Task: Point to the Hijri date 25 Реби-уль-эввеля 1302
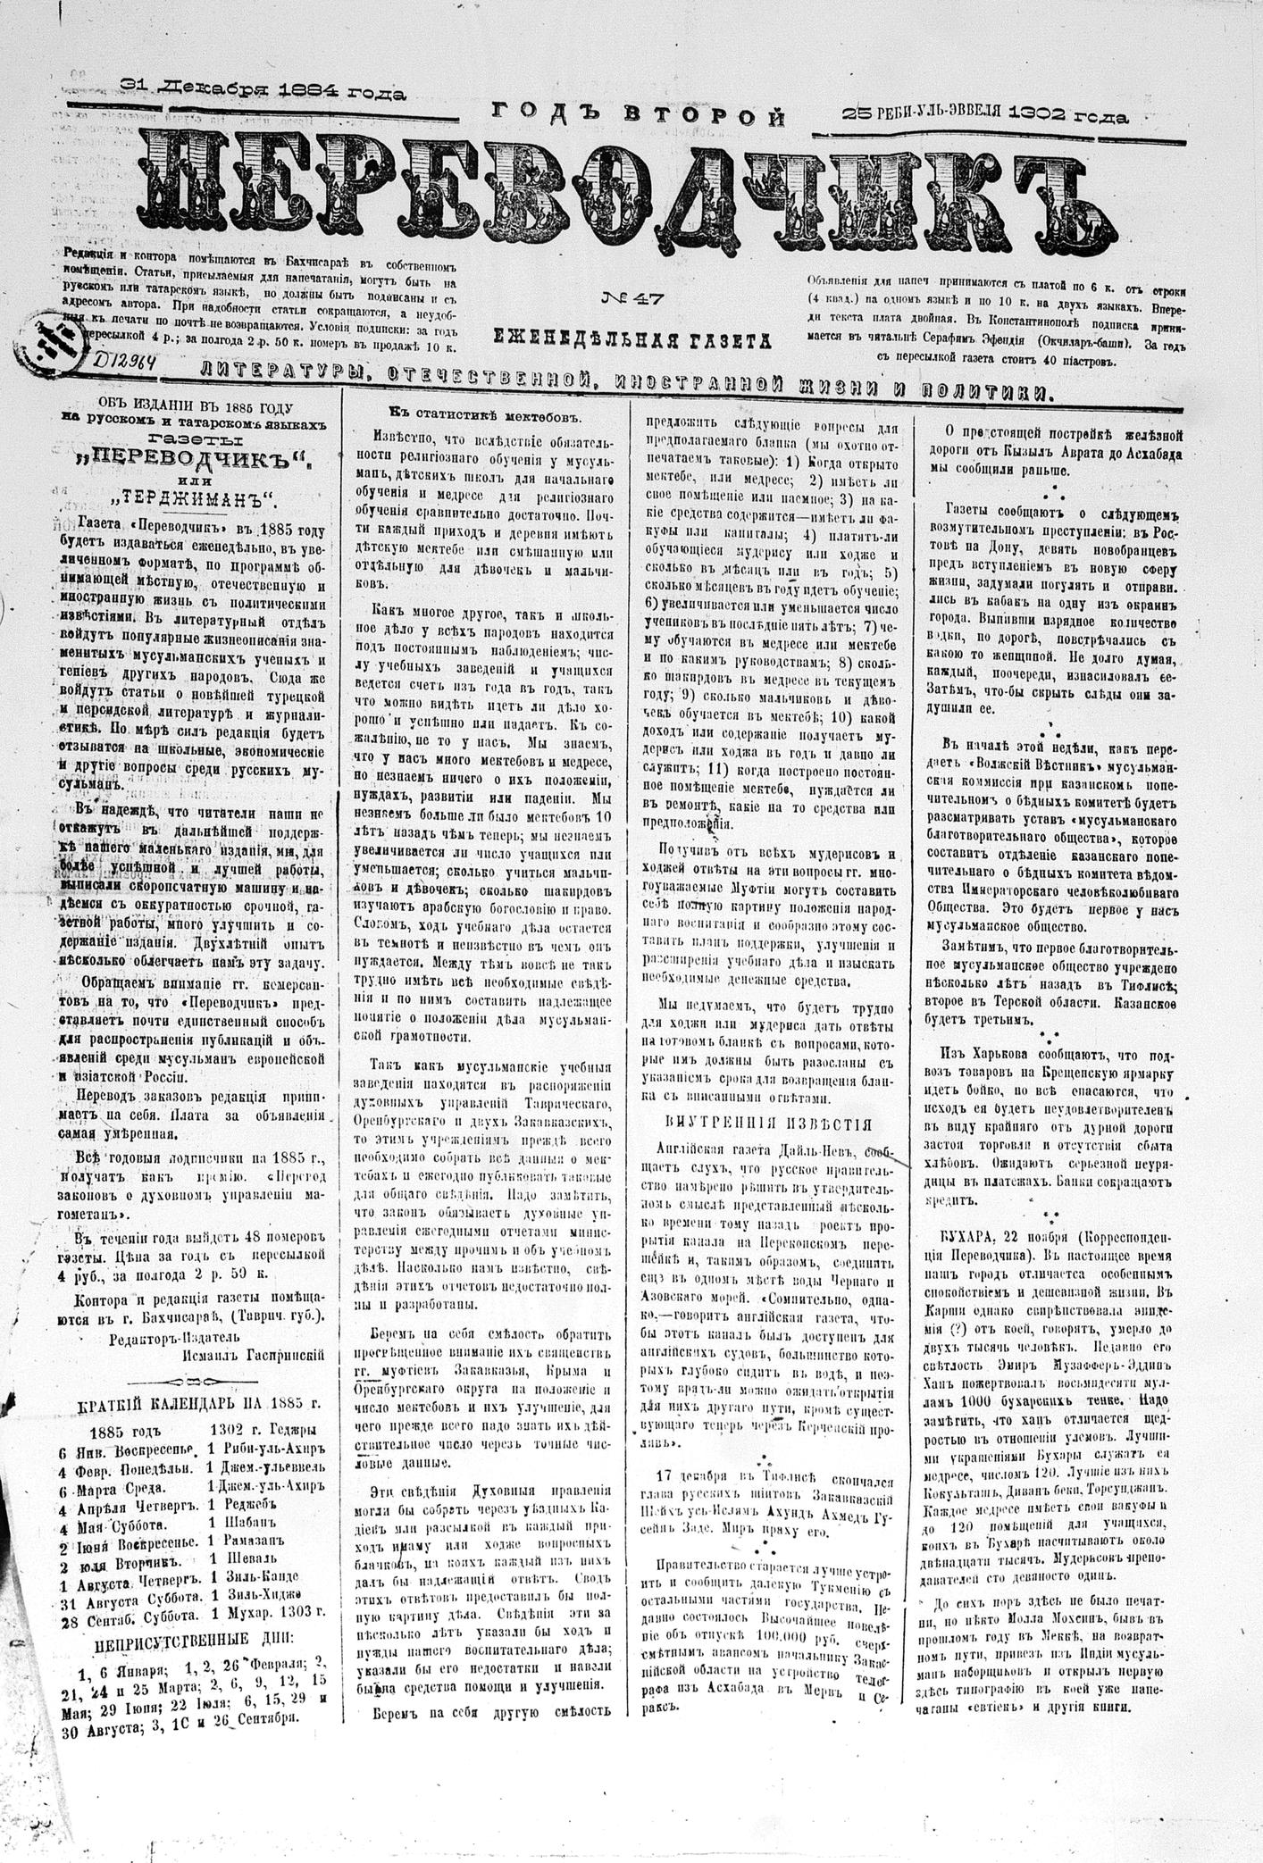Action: (x=984, y=114)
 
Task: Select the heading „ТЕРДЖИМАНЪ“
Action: (x=194, y=497)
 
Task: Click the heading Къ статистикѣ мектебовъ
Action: (x=485, y=415)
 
